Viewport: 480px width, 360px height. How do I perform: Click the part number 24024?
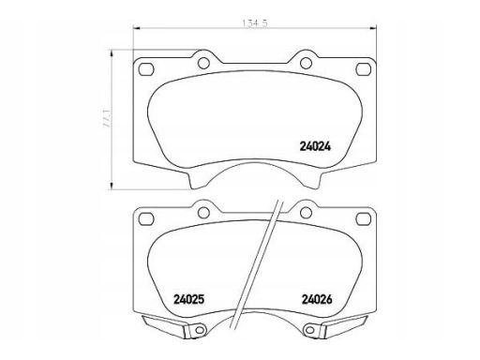point(315,146)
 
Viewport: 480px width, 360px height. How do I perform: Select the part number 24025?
point(188,300)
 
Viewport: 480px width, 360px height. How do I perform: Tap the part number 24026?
point(317,300)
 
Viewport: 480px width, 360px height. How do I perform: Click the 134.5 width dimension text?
point(255,23)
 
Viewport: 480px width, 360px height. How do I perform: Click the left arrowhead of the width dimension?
point(136,28)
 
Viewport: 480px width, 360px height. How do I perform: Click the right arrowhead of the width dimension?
point(373,28)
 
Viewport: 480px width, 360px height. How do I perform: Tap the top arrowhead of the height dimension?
point(111,52)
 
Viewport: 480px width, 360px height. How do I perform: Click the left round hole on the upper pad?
point(203,64)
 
